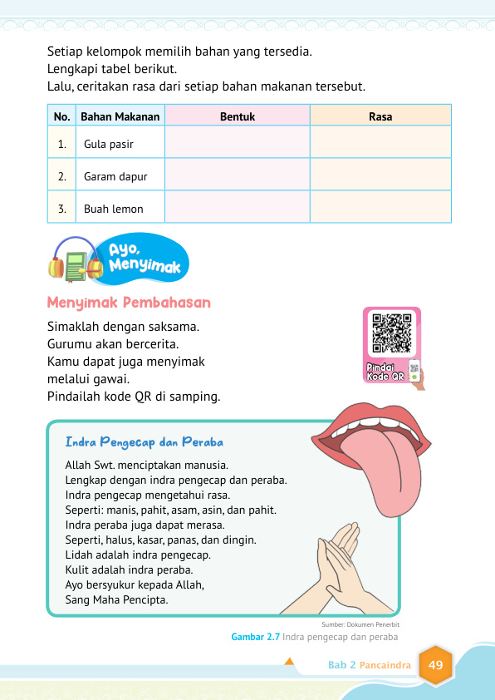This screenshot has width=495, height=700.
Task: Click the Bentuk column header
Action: click(237, 117)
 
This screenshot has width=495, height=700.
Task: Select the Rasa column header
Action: click(380, 117)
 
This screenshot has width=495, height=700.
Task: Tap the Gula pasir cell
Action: click(109, 145)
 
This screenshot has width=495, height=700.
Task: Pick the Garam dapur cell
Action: click(115, 176)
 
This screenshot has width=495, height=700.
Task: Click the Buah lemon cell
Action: click(114, 209)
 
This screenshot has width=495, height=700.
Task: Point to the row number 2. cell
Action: click(62, 176)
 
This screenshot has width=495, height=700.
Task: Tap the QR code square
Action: click(392, 333)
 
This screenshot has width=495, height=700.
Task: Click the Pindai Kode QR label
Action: click(385, 372)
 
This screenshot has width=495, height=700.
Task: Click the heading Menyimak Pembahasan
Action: click(129, 303)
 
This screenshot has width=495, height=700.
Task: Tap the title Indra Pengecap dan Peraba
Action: click(144, 441)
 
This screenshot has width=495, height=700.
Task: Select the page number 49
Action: click(435, 665)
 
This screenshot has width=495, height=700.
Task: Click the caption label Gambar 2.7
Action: click(255, 638)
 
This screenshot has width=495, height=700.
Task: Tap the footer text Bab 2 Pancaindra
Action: click(366, 666)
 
